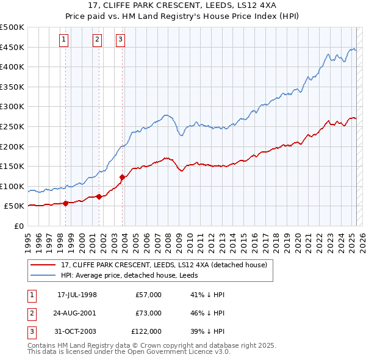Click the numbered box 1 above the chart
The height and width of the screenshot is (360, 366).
[x=63, y=40]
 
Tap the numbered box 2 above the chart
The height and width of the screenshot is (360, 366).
[x=97, y=40]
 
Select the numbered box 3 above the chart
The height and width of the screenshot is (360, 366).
[x=120, y=40]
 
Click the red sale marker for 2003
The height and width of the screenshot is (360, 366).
[x=122, y=178]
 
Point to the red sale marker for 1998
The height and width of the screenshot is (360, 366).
[x=65, y=204]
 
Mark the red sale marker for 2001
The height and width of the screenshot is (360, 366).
[x=99, y=197]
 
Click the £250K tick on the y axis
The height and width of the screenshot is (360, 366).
[x=12, y=126]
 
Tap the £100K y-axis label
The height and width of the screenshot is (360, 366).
[x=12, y=186]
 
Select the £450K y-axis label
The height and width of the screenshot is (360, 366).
[x=12, y=47]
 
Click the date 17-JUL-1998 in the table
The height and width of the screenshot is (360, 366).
[x=77, y=295]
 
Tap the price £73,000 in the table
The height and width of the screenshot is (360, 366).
[x=148, y=313]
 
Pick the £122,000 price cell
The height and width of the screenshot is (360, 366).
[x=147, y=331]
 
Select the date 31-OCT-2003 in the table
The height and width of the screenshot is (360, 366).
[x=77, y=331]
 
